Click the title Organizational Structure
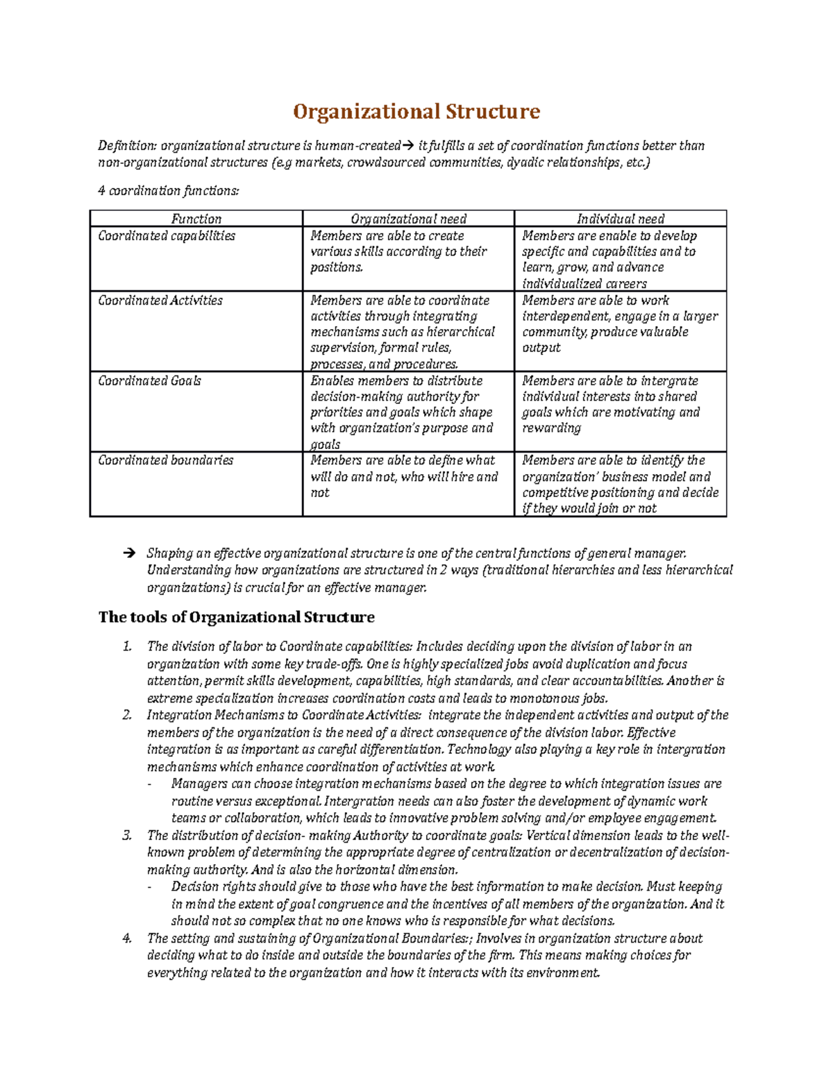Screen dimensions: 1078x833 pos(416,112)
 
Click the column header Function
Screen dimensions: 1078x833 pos(196,219)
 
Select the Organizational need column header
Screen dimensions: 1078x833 pos(408,219)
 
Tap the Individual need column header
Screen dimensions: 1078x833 pos(620,219)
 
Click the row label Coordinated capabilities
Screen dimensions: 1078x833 pos(167,236)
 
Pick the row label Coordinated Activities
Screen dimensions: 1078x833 pos(160,301)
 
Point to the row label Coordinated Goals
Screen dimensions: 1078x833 pos(149,381)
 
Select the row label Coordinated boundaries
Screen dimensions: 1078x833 pos(165,460)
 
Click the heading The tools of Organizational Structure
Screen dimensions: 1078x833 pos(236,617)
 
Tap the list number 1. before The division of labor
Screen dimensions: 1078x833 pos(126,647)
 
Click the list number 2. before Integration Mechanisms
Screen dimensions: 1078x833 pos(126,715)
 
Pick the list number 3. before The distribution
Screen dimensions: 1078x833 pos(126,836)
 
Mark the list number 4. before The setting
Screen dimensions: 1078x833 pos(126,938)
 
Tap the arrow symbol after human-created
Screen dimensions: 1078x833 pos(407,146)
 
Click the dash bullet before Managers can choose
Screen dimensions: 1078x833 pos(151,784)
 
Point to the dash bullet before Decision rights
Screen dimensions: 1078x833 pos(151,887)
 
